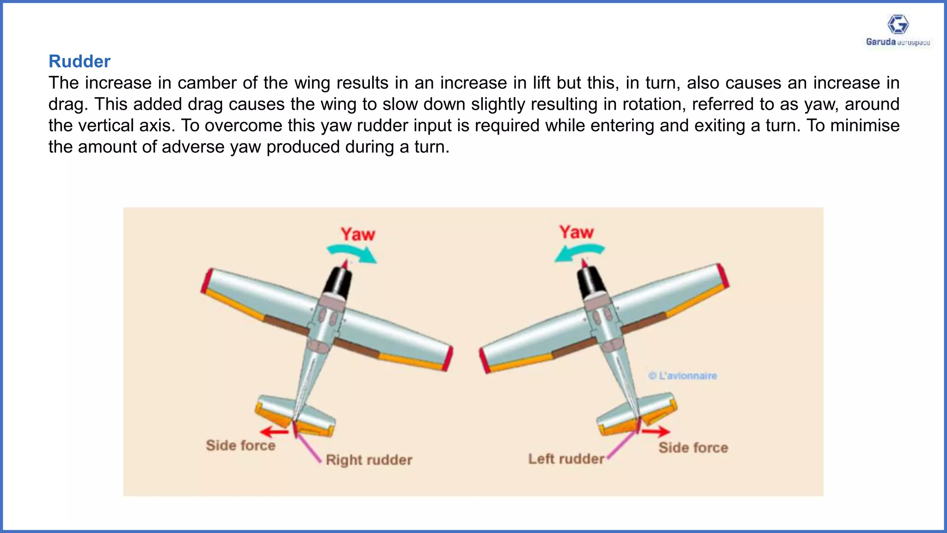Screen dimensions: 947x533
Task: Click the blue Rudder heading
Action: (x=80, y=62)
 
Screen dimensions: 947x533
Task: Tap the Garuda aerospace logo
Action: (x=898, y=31)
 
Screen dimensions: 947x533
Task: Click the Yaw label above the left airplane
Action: (x=358, y=234)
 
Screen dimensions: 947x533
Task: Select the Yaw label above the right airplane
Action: (x=576, y=232)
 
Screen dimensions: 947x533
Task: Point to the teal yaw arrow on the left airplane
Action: (x=352, y=253)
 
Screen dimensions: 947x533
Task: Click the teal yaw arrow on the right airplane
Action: (x=579, y=253)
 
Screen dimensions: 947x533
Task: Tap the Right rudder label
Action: (x=369, y=460)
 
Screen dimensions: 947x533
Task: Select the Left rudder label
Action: (x=566, y=459)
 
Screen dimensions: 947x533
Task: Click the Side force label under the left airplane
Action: (x=240, y=446)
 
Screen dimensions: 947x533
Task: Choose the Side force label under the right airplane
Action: (x=693, y=448)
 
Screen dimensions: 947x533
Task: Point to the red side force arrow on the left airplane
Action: (x=274, y=432)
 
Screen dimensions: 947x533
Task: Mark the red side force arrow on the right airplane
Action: (x=656, y=432)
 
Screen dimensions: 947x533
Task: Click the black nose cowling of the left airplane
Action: (x=338, y=282)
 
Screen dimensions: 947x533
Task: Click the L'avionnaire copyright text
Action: (x=683, y=376)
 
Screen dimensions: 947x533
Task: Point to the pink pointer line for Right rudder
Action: (x=309, y=447)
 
